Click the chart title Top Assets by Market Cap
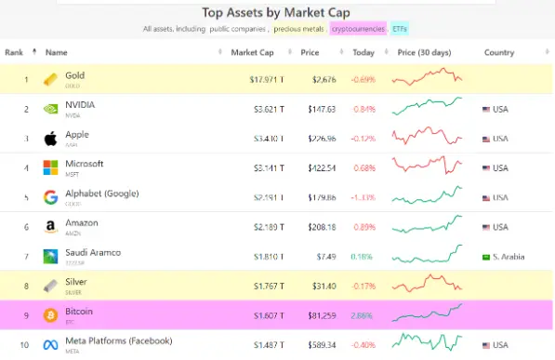(276, 13)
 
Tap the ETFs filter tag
(399, 30)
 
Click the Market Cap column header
(252, 52)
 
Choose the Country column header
(498, 52)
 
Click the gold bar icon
(51, 79)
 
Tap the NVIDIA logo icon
(51, 109)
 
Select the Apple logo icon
(51, 139)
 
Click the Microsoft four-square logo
(51, 168)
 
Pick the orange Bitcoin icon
(51, 315)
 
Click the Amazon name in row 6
(83, 223)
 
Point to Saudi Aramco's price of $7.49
(322, 256)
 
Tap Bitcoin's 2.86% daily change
(363, 315)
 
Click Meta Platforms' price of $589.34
(318, 345)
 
